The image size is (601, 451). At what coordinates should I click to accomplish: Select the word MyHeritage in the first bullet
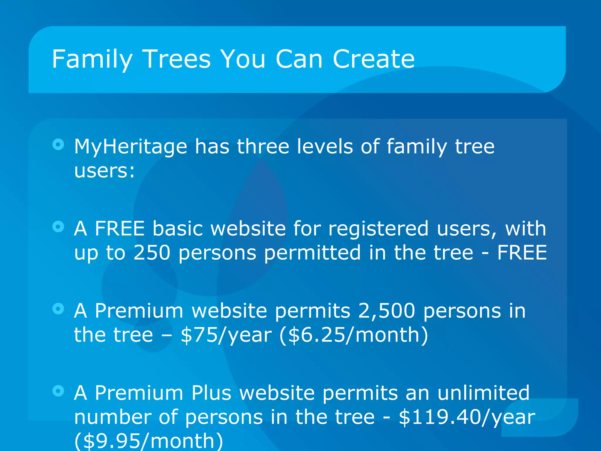coord(131,147)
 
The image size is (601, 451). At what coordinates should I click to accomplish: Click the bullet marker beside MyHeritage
coord(58,144)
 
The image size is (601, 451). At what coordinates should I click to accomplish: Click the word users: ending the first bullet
coord(104,171)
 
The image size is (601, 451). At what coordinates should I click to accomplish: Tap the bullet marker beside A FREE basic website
coord(58,226)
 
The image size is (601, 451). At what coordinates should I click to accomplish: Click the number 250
coord(152,253)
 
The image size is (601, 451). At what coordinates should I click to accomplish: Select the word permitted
coord(312,253)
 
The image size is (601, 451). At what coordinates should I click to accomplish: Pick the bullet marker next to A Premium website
coord(58,309)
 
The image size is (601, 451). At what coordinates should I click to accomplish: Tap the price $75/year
coord(226,335)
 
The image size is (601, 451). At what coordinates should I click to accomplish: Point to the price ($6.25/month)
coord(354,335)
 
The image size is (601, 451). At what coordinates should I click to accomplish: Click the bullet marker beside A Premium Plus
coord(58,391)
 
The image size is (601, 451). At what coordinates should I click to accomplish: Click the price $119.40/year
coord(467,417)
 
